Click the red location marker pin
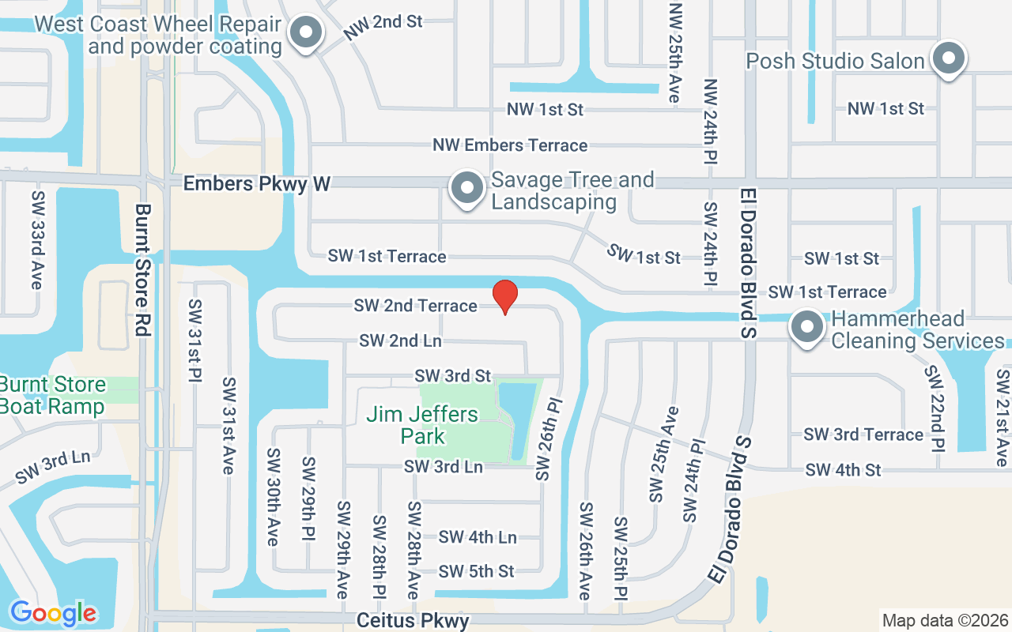(505, 296)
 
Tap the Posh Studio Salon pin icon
(946, 59)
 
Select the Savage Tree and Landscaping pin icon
(467, 189)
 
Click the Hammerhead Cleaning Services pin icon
(807, 327)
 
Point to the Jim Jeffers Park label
(422, 425)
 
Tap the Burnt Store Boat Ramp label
(52, 396)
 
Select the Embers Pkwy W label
(256, 183)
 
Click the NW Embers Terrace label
(509, 145)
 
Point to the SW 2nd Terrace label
(415, 306)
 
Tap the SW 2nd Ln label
(400, 341)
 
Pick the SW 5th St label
(476, 571)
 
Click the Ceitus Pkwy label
(413, 620)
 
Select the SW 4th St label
(843, 470)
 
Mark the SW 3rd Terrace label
(863, 434)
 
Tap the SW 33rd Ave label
(37, 239)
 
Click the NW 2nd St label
(383, 29)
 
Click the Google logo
(53, 613)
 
